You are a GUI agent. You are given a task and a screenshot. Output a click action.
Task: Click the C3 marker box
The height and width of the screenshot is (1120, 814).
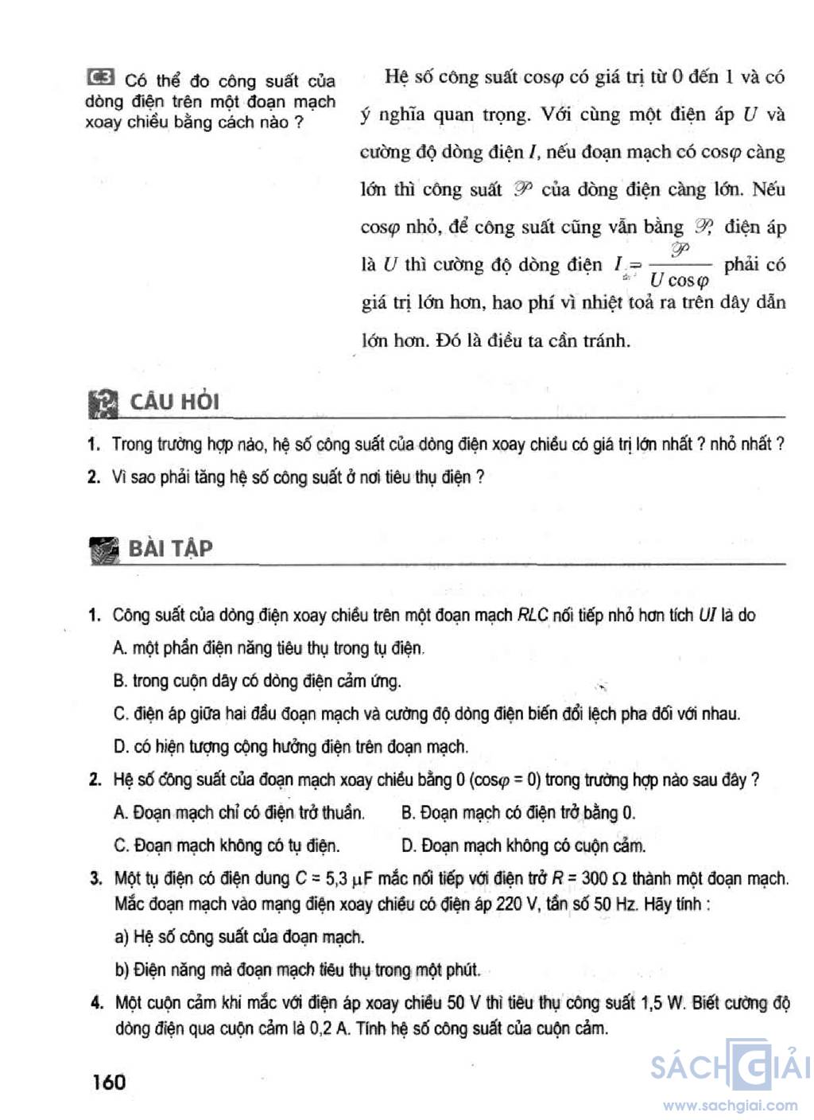click(100, 78)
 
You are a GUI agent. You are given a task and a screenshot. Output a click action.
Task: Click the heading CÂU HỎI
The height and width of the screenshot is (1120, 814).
click(174, 402)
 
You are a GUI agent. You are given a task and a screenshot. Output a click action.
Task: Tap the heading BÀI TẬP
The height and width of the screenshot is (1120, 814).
click(170, 548)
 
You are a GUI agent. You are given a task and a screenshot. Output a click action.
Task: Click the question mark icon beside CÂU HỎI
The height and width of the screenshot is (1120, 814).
click(103, 403)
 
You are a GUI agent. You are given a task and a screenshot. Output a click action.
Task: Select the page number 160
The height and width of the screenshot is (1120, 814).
click(108, 1081)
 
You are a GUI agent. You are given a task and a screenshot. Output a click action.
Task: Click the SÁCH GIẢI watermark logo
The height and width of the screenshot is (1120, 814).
click(729, 1065)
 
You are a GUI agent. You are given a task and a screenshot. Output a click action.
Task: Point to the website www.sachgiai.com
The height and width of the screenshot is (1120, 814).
click(730, 1106)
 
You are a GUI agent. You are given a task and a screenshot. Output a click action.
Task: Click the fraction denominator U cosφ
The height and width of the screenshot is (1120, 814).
click(678, 280)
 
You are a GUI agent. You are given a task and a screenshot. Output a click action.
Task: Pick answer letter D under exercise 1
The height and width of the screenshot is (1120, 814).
click(120, 747)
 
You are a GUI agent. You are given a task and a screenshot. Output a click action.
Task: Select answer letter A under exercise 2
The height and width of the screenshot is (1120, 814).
click(120, 813)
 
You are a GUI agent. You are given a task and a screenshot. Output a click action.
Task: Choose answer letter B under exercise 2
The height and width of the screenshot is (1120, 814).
click(408, 813)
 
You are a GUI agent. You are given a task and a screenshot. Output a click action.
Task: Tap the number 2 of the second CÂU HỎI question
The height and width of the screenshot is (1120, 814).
click(95, 477)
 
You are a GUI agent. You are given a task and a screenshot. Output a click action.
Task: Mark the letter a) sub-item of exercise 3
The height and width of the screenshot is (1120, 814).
click(122, 937)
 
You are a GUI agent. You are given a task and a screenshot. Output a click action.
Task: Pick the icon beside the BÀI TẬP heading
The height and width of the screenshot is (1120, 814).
click(104, 550)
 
